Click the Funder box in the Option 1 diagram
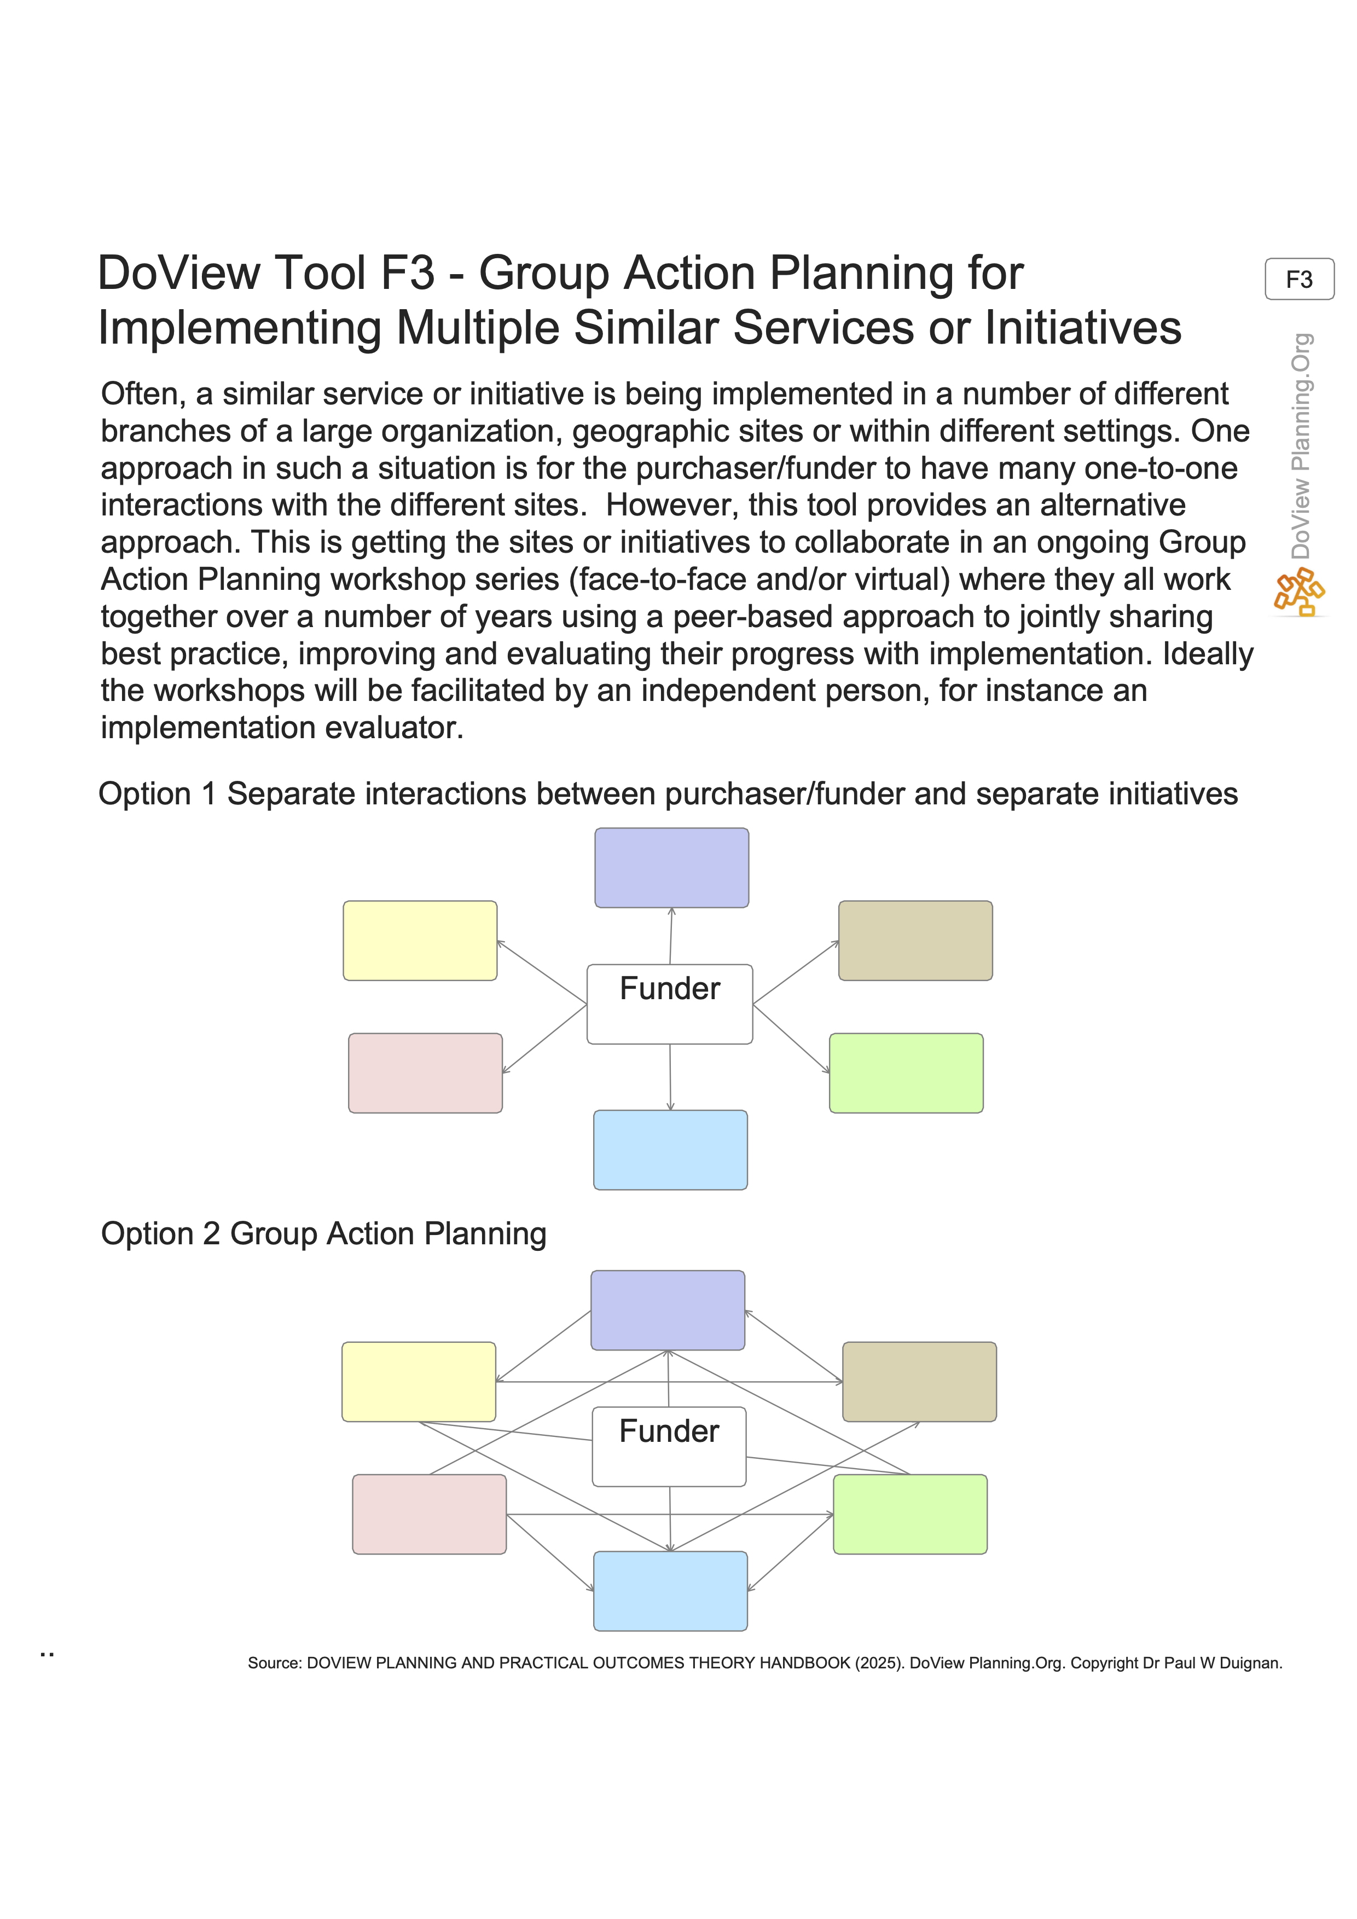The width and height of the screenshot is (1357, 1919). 669,1004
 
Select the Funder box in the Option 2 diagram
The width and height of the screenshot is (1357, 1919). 669,1446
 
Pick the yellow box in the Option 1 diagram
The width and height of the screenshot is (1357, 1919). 420,940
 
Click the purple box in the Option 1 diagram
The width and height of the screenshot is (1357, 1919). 671,867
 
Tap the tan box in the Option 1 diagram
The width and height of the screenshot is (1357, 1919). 915,940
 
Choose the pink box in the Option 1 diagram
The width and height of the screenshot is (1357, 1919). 425,1072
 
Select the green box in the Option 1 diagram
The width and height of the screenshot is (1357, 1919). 906,1072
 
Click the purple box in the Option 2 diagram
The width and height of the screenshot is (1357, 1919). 668,1309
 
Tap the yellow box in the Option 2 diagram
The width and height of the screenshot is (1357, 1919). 419,1382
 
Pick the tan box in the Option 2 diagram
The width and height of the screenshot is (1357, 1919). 919,1382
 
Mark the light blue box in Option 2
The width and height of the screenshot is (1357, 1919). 670,1591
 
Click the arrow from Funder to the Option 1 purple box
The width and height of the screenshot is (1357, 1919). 671,936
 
